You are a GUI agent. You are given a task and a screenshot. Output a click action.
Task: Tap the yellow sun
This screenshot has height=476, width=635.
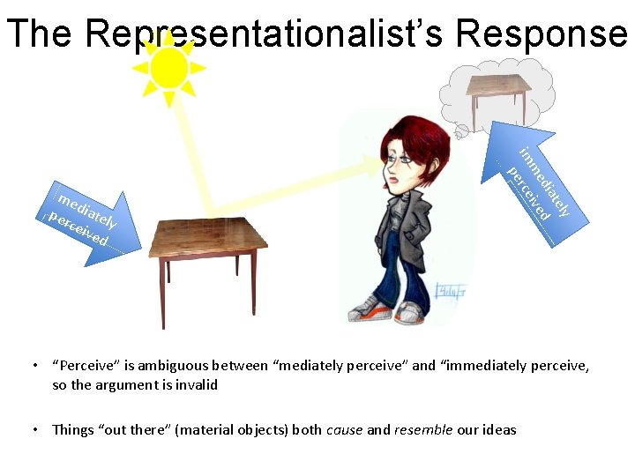point(168,67)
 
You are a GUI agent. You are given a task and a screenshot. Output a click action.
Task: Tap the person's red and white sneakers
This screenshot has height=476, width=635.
point(388,309)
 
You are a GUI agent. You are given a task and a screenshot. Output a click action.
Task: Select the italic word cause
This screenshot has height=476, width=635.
point(344,430)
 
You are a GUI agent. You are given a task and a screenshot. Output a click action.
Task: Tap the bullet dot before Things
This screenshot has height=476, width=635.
point(34,430)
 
